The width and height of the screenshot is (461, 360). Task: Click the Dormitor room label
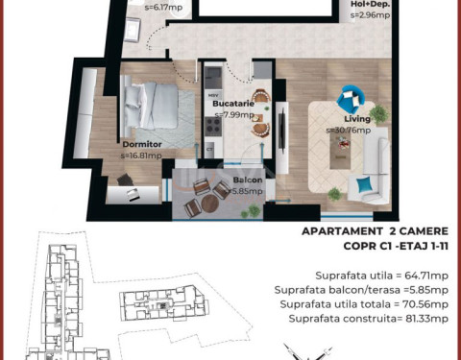pos(142,144)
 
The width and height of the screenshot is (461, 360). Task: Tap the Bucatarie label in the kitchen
pos(233,104)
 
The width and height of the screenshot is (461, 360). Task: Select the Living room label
pos(357,119)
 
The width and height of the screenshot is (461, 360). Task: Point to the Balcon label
pos(248,180)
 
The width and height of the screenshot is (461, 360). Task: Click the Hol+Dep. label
pos(371,4)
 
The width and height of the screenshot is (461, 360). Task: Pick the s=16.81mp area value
pos(141,156)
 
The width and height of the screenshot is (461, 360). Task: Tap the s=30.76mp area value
pos(349,131)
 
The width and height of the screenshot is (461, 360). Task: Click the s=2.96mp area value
pos(371,15)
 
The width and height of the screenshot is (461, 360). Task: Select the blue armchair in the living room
pos(351,98)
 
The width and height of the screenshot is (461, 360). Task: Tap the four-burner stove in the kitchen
pos(213,126)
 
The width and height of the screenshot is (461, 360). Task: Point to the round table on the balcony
pos(210,204)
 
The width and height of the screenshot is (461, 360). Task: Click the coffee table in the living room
pos(340,150)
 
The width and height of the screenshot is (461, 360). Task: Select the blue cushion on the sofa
pos(365,185)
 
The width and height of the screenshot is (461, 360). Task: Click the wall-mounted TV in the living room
pos(282,129)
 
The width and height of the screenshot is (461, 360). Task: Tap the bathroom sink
pos(132,30)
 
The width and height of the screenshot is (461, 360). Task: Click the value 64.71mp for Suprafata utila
pos(426,276)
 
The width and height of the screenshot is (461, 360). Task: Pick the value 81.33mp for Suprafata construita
pos(426,319)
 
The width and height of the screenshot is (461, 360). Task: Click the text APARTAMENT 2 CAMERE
pos(375,231)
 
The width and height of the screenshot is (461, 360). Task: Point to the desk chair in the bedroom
pos(125,180)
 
